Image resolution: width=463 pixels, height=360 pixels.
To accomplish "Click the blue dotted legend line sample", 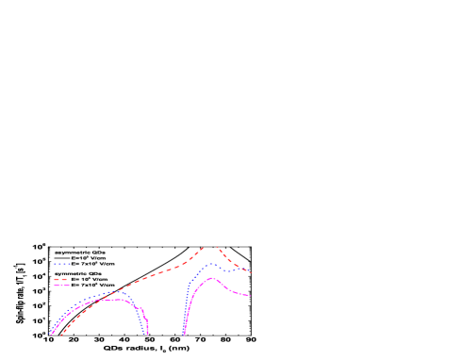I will [62, 265].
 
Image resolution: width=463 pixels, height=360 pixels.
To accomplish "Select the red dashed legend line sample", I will [61, 279].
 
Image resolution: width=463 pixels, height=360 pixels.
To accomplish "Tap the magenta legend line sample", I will [61, 285].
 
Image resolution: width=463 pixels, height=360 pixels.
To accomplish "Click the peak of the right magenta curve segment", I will [212, 278].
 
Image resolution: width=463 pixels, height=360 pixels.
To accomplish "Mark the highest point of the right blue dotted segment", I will [211, 264].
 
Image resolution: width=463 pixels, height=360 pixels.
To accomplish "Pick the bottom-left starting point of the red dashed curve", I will [61, 335].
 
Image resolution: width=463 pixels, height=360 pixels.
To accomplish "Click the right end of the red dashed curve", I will [250, 272].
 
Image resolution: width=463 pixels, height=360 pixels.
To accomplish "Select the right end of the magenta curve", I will [250, 296].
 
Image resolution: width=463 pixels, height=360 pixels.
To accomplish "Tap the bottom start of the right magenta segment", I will [184, 335].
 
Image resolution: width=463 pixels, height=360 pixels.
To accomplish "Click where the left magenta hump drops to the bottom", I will [147, 335].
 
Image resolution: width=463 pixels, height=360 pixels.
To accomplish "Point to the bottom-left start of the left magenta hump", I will [51, 335].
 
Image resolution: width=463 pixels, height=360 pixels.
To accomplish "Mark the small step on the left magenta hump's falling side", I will [141, 309].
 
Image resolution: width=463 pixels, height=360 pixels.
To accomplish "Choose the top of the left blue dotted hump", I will [119, 291].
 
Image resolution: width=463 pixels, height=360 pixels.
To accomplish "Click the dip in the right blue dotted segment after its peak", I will [229, 271].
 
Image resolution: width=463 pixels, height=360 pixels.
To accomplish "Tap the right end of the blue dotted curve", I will [250, 271].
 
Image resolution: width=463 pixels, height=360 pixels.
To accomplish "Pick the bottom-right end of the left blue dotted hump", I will [145, 335].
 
